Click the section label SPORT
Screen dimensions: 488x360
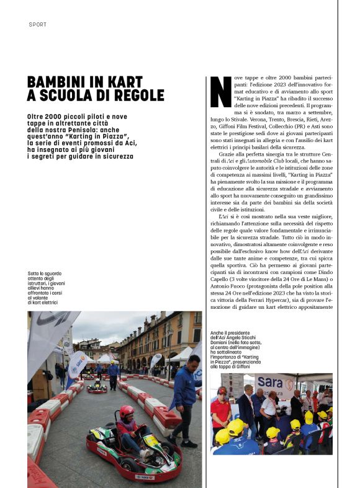pyautogui.click(x=37, y=24)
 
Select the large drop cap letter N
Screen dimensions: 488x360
pyautogui.click(x=221, y=92)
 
